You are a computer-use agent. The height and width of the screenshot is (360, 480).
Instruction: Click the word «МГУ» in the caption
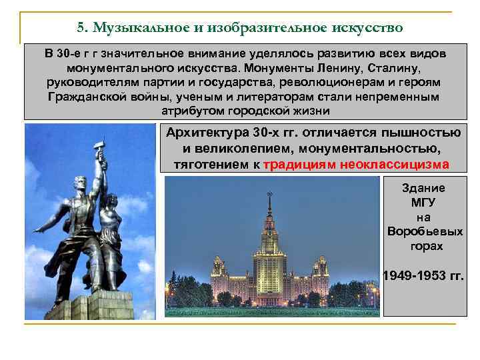pos(423,203)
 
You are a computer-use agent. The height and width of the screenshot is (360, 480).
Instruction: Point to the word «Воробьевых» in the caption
pos(424,232)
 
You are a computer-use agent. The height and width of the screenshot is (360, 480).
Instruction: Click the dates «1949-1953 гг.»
pos(424,275)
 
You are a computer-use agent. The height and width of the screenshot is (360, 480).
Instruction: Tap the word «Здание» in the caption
pos(423,188)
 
